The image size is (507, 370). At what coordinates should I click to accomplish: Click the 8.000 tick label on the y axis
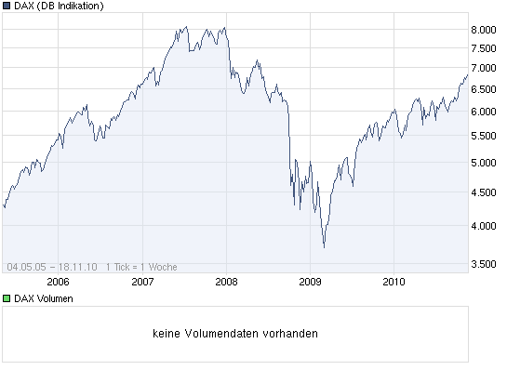(483, 30)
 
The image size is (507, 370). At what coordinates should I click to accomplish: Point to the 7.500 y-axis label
(483, 48)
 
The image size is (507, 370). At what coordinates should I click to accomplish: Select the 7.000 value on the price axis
(483, 68)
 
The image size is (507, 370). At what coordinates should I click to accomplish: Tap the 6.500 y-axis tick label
(483, 89)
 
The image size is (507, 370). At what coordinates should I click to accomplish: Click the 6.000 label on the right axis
(483, 112)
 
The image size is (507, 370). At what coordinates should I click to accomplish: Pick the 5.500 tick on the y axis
(483, 136)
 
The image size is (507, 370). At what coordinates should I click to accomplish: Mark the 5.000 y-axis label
(483, 163)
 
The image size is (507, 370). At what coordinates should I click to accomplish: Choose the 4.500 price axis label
(483, 192)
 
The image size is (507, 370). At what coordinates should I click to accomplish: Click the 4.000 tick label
(483, 226)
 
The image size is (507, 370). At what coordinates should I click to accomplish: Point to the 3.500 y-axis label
(483, 264)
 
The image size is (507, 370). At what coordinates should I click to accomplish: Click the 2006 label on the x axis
(58, 282)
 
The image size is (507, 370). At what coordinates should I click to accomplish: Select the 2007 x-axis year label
(142, 282)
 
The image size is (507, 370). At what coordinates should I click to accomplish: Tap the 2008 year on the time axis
(226, 282)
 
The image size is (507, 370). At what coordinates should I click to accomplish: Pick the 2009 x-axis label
(311, 282)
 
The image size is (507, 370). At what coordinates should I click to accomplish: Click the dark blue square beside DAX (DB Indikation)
(7, 7)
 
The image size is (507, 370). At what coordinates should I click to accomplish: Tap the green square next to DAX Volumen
(7, 298)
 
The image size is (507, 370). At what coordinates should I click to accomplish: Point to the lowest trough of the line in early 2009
(324, 247)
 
